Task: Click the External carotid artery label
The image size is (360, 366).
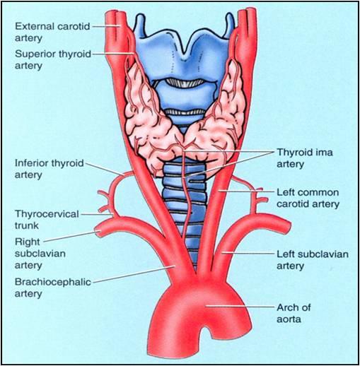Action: [52, 32]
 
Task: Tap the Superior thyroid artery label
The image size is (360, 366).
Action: [53, 59]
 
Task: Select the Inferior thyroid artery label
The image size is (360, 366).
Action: [49, 169]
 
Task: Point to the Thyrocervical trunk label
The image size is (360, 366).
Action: [47, 220]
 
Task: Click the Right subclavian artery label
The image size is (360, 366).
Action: [40, 254]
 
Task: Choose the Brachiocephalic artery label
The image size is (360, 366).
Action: [52, 288]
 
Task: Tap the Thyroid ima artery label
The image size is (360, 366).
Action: [305, 158]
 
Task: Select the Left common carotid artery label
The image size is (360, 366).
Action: [308, 198]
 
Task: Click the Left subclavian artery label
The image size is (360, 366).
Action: [313, 260]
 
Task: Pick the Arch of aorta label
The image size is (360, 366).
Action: [294, 313]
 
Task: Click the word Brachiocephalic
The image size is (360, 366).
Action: [52, 282]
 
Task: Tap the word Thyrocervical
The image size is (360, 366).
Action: [47, 214]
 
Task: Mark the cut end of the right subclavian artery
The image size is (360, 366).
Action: [98, 231]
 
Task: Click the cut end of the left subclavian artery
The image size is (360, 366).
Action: [288, 226]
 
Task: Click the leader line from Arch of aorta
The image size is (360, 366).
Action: [240, 307]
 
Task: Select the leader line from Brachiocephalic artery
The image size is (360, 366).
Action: [134, 274]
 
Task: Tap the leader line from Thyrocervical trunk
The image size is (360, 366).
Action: [97, 215]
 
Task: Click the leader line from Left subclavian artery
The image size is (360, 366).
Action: [248, 254]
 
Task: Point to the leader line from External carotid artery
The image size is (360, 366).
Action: [106, 26]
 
